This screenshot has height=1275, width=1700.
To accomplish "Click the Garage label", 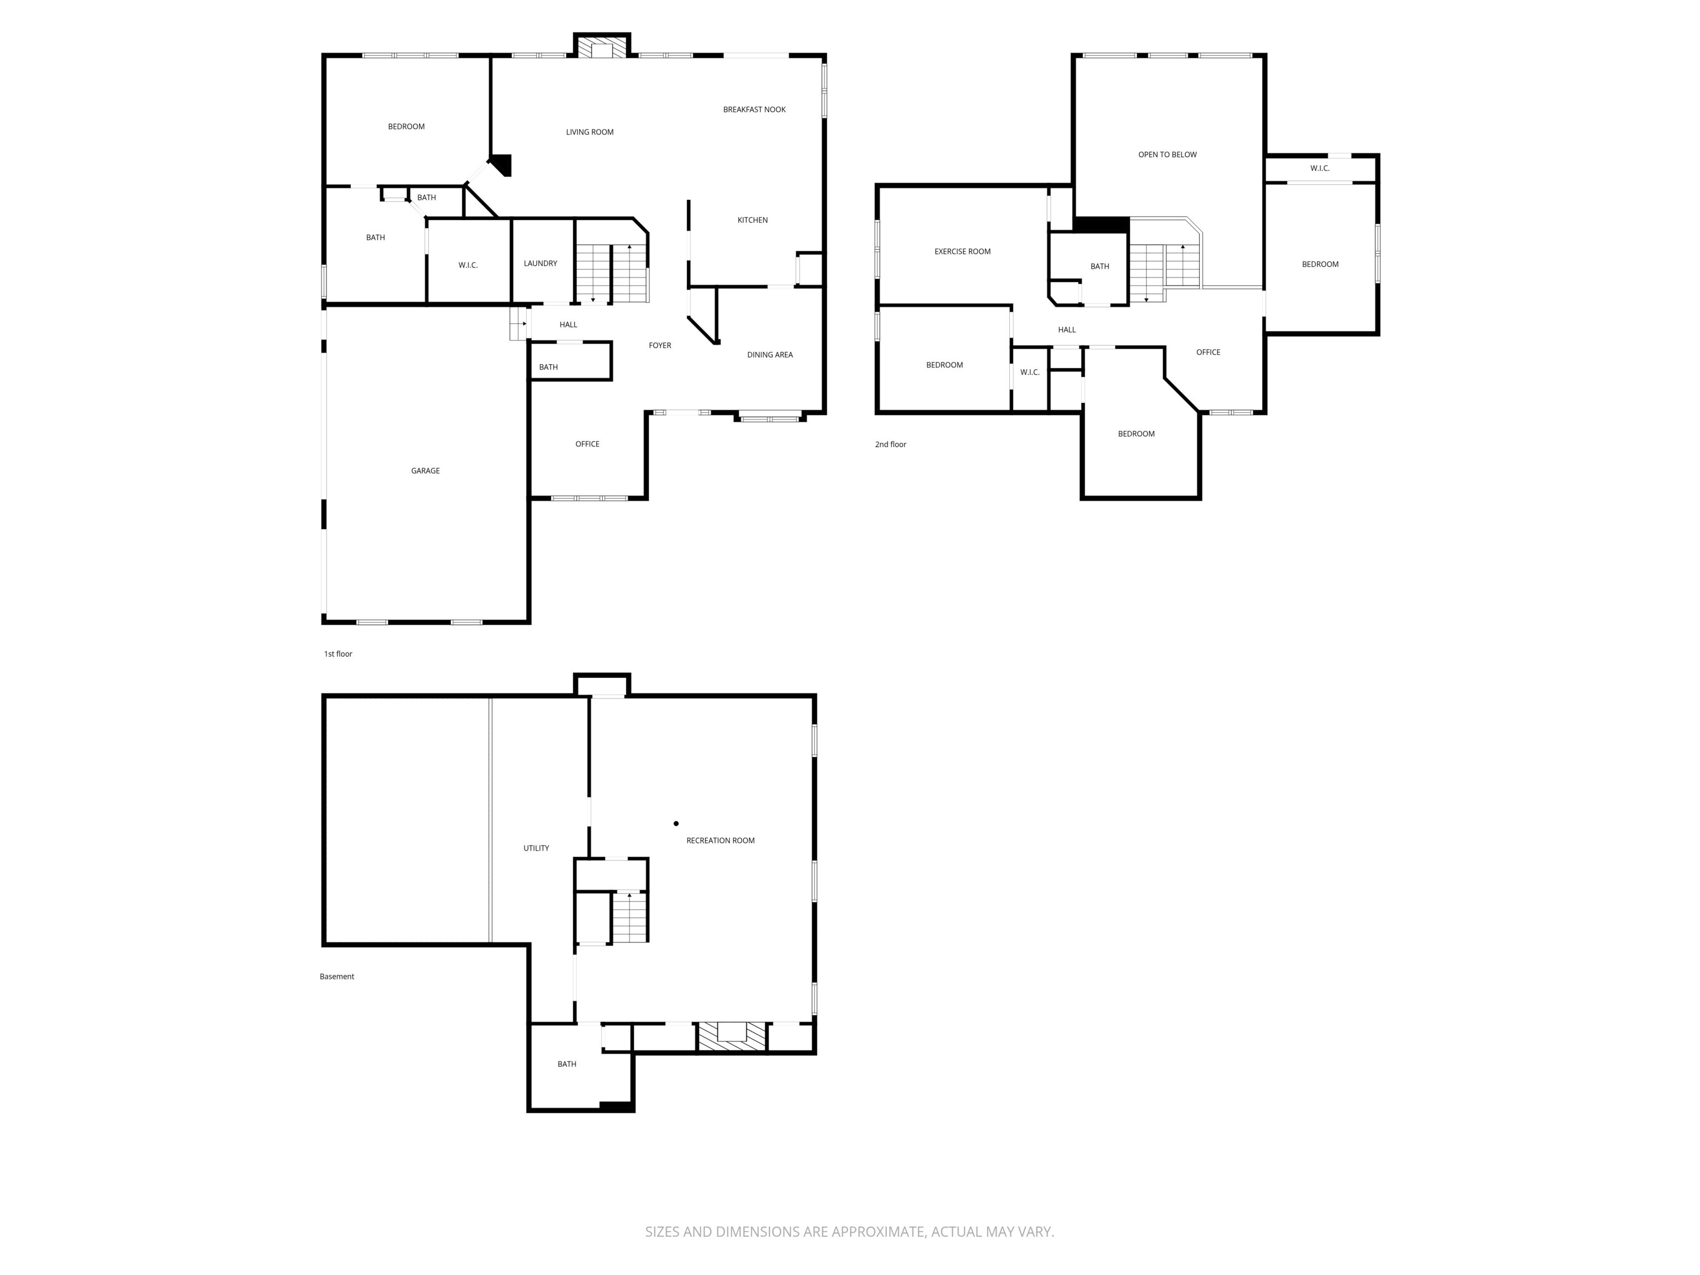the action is (425, 470).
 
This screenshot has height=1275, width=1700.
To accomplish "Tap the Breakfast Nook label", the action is (754, 109).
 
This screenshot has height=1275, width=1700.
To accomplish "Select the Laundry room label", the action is (540, 263).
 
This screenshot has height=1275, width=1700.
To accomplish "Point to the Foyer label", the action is (660, 345).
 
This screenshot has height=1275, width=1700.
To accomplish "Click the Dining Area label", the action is (769, 354).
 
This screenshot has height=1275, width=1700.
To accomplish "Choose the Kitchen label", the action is (753, 220).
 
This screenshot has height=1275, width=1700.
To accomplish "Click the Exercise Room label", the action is (962, 251).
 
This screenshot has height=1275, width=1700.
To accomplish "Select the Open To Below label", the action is (1168, 154).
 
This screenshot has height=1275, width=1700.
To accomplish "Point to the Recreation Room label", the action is (720, 840).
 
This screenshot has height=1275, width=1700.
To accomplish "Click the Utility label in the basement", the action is (536, 848).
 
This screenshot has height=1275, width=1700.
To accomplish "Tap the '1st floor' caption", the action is (338, 654).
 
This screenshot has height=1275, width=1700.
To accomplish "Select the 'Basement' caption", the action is (336, 976).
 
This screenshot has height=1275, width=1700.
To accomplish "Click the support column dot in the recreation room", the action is (676, 823).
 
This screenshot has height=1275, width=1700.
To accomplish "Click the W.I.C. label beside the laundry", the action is (468, 265).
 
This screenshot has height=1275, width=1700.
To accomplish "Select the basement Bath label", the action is (567, 1064).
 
